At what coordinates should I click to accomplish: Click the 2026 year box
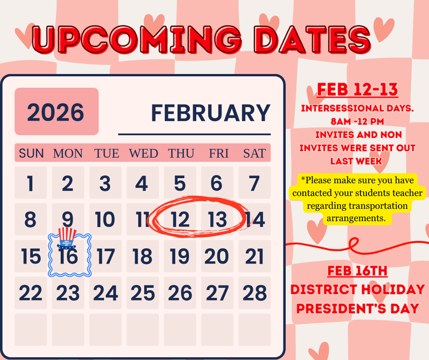56,112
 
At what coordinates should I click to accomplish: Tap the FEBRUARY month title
210,113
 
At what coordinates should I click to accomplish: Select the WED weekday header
143,153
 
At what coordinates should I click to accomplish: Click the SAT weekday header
254,153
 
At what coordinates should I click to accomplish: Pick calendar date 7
254,183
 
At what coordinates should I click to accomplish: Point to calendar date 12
180,219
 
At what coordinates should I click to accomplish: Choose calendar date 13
217,219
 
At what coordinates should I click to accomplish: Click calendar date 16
69,256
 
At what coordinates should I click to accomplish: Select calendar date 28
254,293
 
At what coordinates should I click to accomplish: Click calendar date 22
31,293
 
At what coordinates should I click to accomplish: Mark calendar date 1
31,183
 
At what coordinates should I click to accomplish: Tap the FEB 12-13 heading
357,89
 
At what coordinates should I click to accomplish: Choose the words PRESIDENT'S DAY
357,308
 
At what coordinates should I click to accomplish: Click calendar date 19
180,256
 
